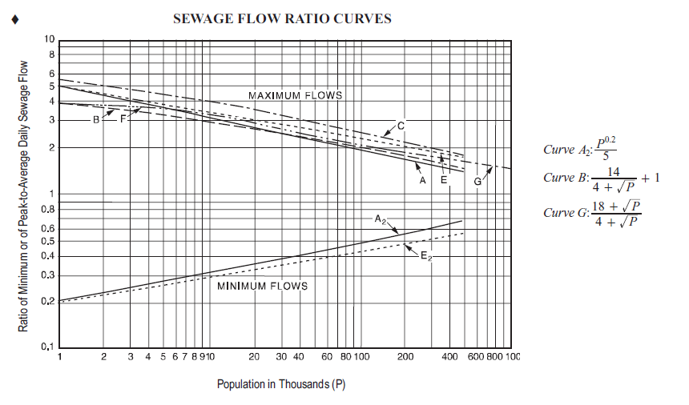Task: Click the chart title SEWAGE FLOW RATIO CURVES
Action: point(282,18)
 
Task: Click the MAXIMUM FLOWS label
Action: point(295,95)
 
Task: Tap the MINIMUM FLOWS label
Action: point(262,286)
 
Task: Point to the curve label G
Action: point(477,182)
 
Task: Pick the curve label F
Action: point(123,118)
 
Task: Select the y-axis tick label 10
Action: point(50,40)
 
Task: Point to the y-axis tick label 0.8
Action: point(48,209)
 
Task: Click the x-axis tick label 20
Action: point(254,356)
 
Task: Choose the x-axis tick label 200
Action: point(405,356)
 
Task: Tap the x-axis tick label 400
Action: point(449,356)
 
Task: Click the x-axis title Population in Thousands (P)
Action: point(280,384)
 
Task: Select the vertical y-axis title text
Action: point(23,196)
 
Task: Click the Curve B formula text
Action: point(601,178)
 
